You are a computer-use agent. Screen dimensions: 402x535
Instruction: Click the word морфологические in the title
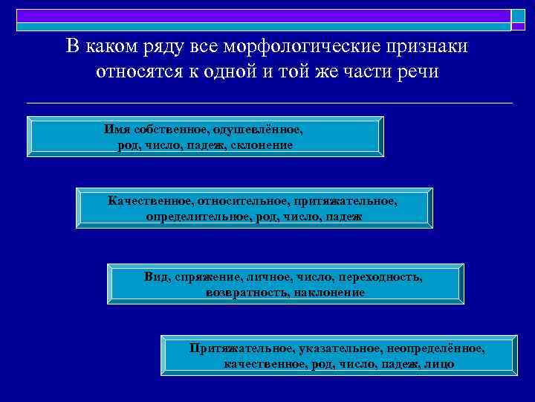point(278,46)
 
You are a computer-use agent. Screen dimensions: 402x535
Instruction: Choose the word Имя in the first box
point(117,129)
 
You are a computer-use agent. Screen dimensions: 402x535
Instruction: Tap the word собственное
point(170,129)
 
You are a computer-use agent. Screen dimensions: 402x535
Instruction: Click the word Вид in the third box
point(156,277)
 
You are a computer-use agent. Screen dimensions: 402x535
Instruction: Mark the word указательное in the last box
point(335,348)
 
